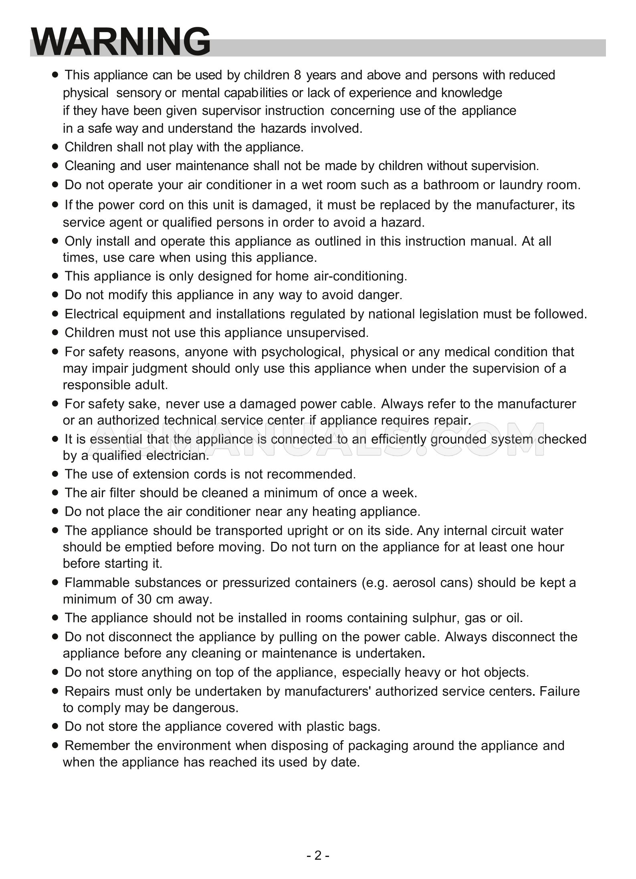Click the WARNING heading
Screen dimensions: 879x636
pyautogui.click(x=121, y=42)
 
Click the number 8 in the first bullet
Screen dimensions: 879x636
pyautogui.click(x=297, y=75)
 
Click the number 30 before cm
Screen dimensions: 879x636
pyautogui.click(x=145, y=600)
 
